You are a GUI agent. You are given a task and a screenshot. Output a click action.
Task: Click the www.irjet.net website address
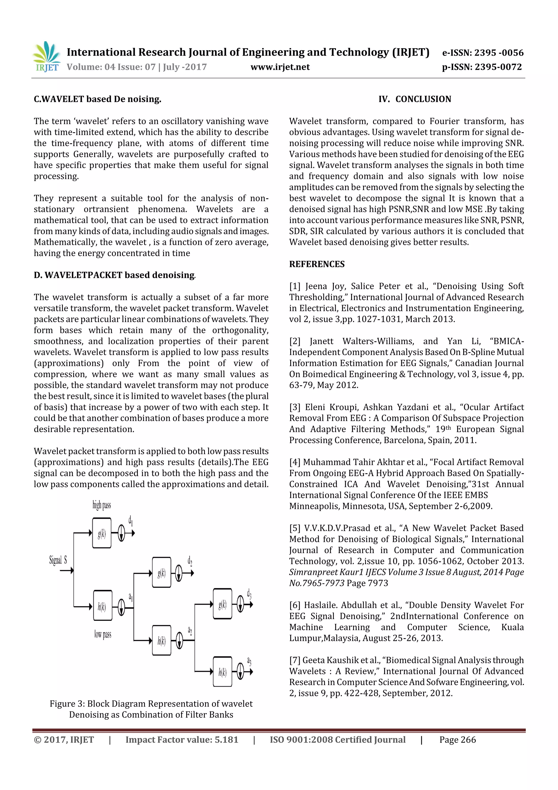[280, 67]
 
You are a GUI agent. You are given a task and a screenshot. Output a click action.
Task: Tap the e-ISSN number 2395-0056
[499, 53]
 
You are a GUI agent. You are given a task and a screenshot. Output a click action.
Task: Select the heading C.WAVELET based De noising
[97, 99]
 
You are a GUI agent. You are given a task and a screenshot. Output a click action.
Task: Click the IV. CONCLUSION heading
[414, 99]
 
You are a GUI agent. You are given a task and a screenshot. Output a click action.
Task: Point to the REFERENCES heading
[317, 264]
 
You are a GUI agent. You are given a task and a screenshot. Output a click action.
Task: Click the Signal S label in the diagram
[58, 560]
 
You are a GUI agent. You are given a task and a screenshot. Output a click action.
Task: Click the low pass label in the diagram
[102, 634]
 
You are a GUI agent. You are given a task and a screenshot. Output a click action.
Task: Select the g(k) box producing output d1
[102, 533]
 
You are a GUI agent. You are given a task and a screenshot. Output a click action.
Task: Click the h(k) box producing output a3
[222, 672]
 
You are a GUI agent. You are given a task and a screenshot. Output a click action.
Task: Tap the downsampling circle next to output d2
[179, 573]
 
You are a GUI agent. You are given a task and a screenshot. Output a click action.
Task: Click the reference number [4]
[295, 462]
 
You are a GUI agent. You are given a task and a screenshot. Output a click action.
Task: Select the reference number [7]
[295, 660]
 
